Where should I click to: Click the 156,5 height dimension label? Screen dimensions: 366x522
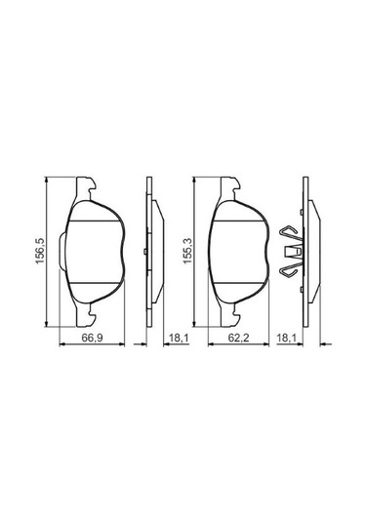coord(40,251)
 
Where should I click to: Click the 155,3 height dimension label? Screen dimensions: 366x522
coord(187,251)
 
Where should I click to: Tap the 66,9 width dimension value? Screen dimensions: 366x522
coord(93,338)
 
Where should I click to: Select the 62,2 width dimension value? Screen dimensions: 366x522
coord(238,338)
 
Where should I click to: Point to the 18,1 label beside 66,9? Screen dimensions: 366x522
coord(179,338)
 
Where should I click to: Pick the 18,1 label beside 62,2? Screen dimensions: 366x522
coord(287,338)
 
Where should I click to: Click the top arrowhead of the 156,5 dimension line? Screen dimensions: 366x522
coord(47,180)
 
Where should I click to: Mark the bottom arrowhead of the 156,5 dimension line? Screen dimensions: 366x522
coord(47,324)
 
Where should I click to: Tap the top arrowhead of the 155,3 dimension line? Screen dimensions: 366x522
coord(194,180)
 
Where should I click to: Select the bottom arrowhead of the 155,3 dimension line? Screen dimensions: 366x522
coord(194,324)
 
